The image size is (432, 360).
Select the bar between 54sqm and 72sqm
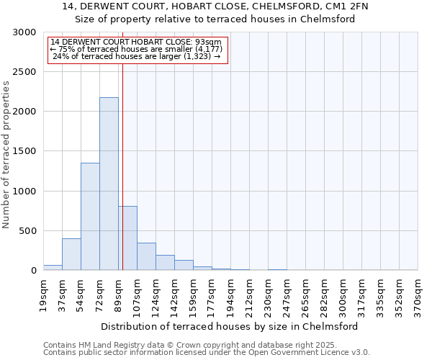(x=90, y=216)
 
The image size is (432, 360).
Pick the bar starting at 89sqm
(x=128, y=238)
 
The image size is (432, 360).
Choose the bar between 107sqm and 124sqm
(x=146, y=256)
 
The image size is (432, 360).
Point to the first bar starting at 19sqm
(x=53, y=267)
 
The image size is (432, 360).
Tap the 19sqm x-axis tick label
(x=44, y=292)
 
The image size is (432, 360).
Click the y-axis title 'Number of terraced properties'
(x=6, y=155)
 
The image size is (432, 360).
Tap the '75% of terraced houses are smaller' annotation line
(x=137, y=48)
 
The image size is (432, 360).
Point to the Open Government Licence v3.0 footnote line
(x=206, y=353)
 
